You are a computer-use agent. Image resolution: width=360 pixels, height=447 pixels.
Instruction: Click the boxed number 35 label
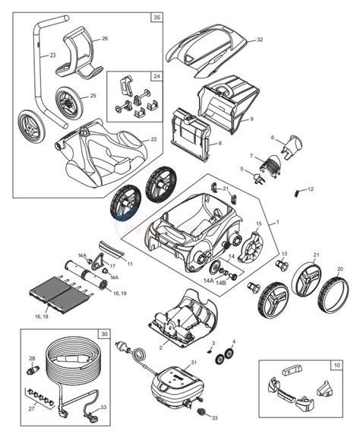pyautogui.click(x=156, y=16)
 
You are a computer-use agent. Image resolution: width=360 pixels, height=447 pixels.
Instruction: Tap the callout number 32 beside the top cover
pyautogui.click(x=259, y=40)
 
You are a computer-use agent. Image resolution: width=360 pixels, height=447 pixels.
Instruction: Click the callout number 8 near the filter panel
pyautogui.click(x=219, y=142)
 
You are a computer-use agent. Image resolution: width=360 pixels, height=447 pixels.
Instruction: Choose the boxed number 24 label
pyautogui.click(x=156, y=76)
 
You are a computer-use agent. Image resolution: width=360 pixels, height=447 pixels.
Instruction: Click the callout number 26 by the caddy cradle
pyautogui.click(x=105, y=38)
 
